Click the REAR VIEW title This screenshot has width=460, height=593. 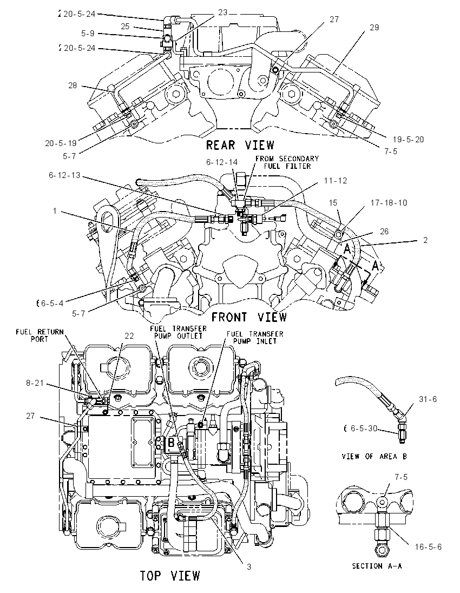(x=240, y=145)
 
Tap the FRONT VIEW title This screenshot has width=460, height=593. (x=248, y=317)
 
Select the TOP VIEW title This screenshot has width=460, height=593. (x=170, y=576)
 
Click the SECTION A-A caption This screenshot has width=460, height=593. (x=377, y=566)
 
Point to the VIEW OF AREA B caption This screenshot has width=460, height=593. (x=374, y=457)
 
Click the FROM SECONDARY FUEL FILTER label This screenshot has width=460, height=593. (x=287, y=162)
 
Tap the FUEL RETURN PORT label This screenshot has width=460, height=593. (x=40, y=335)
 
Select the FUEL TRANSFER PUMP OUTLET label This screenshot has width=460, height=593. (x=178, y=332)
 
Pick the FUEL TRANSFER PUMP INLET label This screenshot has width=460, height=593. (x=255, y=337)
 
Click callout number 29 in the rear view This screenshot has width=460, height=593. (x=374, y=27)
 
